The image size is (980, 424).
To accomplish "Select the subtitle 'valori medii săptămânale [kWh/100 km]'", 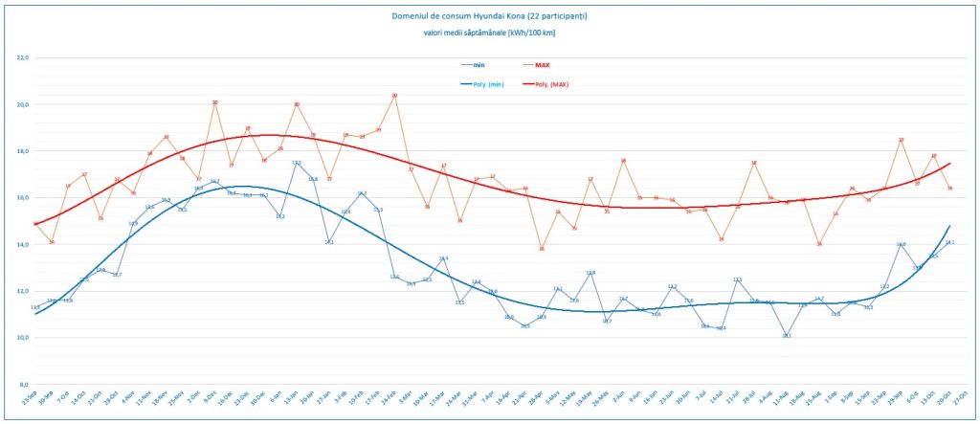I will coord(489,33).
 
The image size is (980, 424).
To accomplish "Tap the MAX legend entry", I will coord(542,65).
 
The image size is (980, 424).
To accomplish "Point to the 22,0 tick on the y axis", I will coord(23,57).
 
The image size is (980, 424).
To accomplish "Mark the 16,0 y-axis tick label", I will coord(23,198).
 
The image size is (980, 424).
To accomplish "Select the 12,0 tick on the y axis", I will coord(23,291).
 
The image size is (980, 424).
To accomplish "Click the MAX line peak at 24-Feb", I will coord(394,96).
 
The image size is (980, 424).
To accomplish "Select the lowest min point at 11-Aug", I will coord(786,336).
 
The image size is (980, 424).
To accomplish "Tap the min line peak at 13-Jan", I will coord(297,163).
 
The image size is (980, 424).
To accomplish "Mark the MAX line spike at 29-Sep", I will coord(901,140).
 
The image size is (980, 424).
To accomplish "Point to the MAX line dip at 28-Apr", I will coord(542,249).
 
